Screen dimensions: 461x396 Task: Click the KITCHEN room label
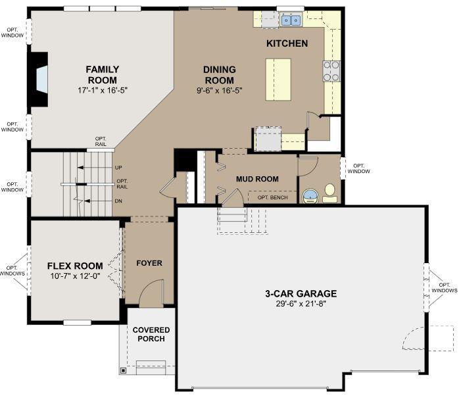[x=287, y=43]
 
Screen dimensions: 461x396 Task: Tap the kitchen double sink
[x=291, y=20]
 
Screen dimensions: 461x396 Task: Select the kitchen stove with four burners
[x=331, y=71]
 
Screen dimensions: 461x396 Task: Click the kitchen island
[x=278, y=80]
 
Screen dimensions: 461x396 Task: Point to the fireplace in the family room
[x=38, y=80]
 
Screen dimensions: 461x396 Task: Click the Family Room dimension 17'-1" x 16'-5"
[x=103, y=90]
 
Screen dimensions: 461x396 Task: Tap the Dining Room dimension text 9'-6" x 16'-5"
[x=220, y=91]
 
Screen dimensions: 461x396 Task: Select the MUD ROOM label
[x=257, y=179]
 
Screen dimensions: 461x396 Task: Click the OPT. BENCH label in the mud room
[x=272, y=197]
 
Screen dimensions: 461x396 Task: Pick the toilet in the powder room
[x=330, y=193]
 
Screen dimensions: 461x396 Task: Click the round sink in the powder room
[x=310, y=196]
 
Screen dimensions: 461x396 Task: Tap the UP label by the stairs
[x=118, y=168]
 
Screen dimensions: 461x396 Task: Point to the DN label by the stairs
[x=118, y=201]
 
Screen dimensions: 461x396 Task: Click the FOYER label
[x=149, y=263]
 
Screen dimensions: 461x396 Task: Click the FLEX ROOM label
[x=75, y=266]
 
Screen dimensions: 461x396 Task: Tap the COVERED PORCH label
[x=151, y=334]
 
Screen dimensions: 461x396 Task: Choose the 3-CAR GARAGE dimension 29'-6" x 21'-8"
[x=301, y=304]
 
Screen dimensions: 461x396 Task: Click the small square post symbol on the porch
[x=123, y=371]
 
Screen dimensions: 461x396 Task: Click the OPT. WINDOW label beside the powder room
[x=358, y=168]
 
